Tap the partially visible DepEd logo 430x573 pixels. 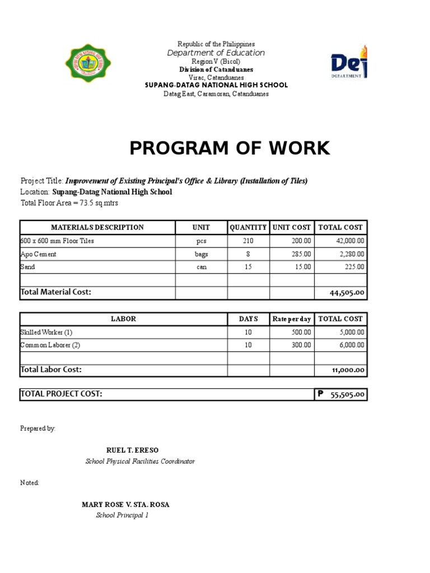coord(349,64)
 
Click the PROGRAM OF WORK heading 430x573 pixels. coord(230,148)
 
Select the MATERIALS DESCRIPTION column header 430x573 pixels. coord(97,228)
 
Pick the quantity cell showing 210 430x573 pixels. coord(248,241)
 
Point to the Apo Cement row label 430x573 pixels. coord(39,254)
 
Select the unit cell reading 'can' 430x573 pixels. coord(202,267)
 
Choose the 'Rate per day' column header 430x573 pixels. coord(291,319)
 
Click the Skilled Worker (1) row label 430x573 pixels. coord(46,332)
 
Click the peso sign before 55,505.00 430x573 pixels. coord(320,394)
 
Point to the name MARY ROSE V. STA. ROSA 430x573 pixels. coord(125,505)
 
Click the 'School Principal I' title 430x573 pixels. coord(122,515)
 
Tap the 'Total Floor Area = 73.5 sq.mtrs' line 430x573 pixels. coord(69,203)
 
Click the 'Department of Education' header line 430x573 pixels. coord(216,53)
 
